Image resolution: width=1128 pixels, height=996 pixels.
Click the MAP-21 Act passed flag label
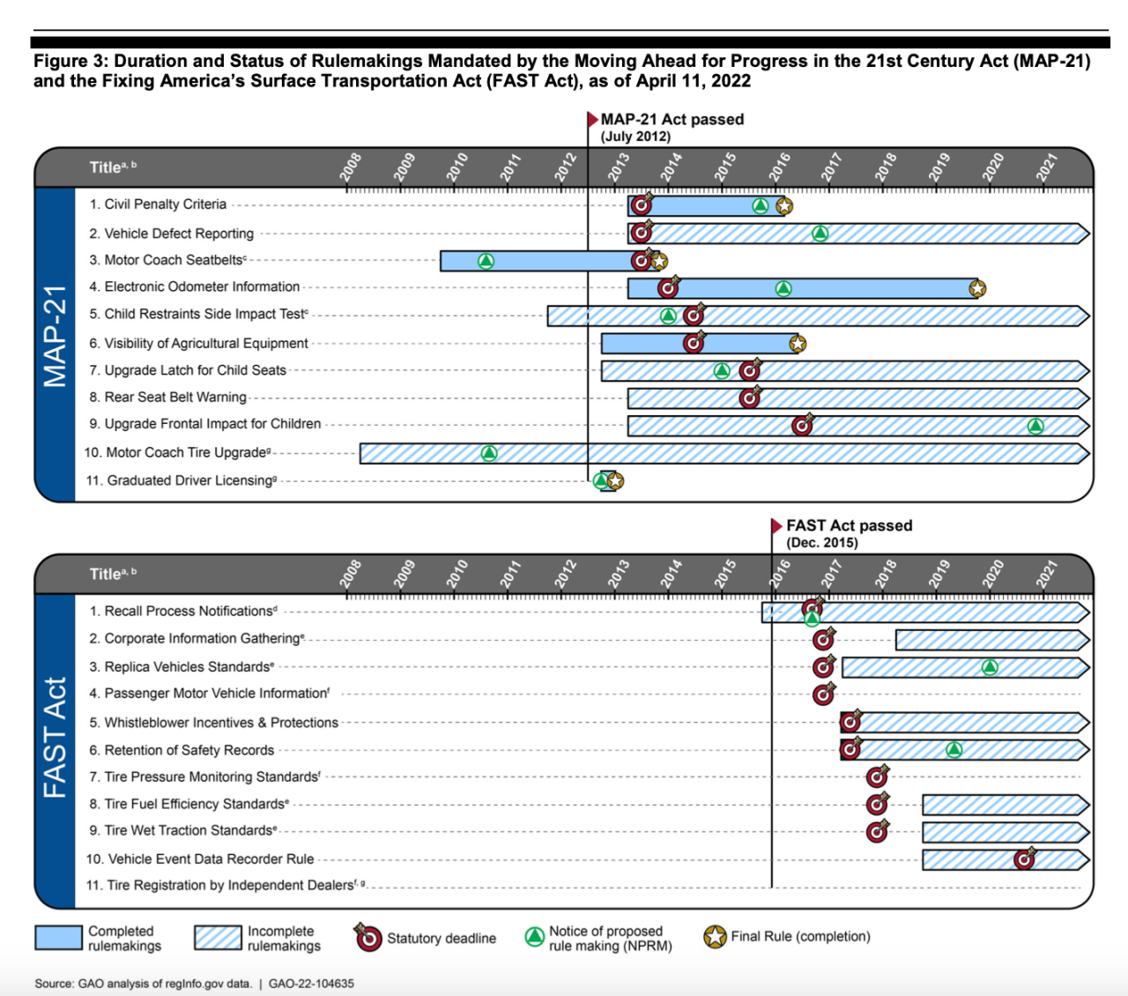(x=672, y=120)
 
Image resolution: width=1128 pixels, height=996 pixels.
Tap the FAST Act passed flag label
(x=849, y=526)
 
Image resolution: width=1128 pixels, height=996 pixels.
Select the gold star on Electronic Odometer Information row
(x=976, y=288)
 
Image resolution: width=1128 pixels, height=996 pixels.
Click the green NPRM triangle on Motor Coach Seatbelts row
(x=486, y=261)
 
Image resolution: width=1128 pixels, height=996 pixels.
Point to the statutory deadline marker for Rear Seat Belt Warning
(x=749, y=398)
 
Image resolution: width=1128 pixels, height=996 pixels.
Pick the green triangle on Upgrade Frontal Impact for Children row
(x=1035, y=427)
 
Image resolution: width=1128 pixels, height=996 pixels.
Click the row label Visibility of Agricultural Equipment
(x=206, y=344)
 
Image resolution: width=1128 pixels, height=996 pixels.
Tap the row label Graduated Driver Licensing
(x=189, y=480)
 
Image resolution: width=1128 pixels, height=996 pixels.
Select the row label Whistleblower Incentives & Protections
(x=221, y=723)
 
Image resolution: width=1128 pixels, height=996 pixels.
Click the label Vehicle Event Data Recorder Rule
(x=211, y=859)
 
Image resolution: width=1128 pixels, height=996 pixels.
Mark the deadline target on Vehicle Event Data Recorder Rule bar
(x=1024, y=859)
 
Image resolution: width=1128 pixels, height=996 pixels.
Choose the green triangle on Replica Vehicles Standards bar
(x=990, y=667)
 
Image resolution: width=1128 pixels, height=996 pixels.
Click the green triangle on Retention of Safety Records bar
(x=954, y=750)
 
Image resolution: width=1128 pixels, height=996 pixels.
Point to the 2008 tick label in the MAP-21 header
(x=351, y=167)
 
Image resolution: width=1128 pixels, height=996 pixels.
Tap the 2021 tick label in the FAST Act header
(x=1046, y=574)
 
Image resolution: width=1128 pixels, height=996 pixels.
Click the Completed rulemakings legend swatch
(x=58, y=938)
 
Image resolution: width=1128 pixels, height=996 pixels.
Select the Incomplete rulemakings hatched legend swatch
(x=218, y=938)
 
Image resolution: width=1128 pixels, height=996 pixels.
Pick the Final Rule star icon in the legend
(x=715, y=937)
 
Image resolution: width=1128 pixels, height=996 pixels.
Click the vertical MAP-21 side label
(x=55, y=337)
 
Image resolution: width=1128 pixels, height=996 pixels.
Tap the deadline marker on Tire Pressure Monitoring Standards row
(x=876, y=777)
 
